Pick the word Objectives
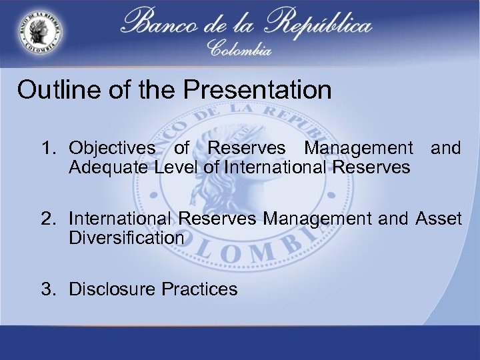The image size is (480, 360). (x=112, y=148)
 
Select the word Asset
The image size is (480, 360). (x=439, y=219)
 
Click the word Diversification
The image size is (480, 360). (x=126, y=237)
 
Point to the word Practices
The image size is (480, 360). (x=199, y=289)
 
